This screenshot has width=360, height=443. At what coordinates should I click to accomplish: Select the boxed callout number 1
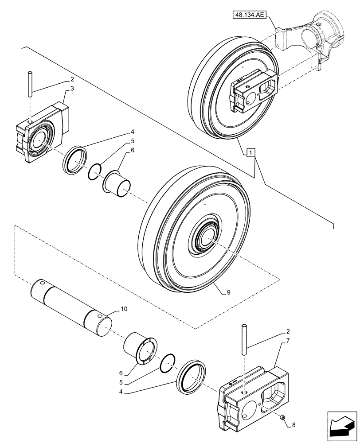(251, 153)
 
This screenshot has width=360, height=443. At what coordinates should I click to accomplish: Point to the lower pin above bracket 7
(243, 339)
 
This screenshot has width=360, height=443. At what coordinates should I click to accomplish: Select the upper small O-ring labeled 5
(95, 171)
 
